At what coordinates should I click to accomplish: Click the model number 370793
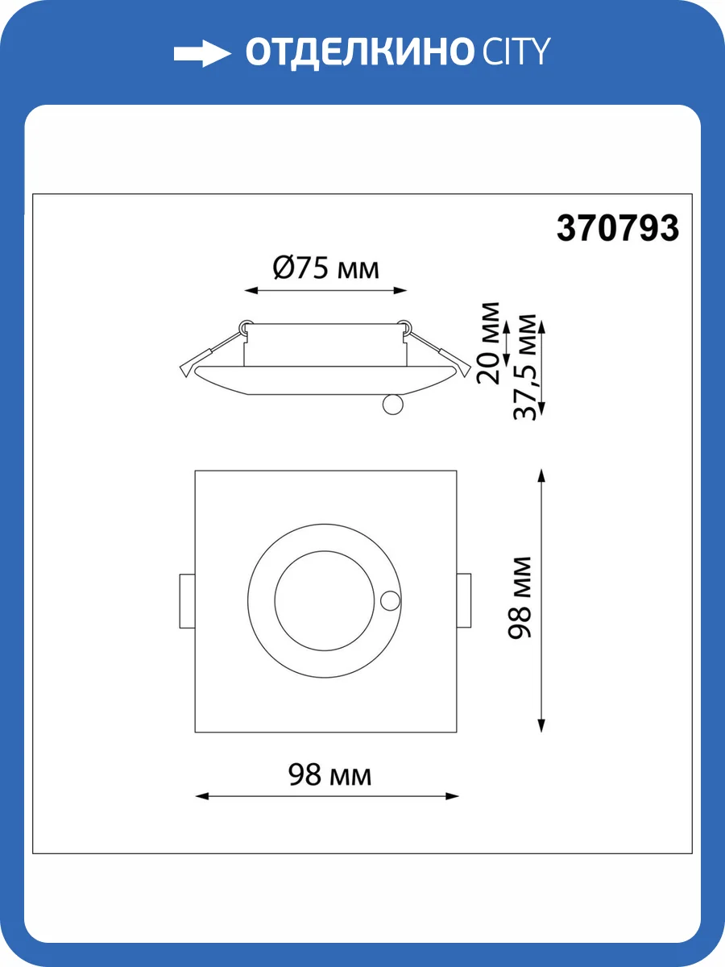coord(618,229)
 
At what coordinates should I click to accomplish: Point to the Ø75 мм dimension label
coord(325,267)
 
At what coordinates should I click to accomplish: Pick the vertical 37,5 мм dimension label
coord(525,367)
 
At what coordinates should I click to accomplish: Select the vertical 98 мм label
coord(521,596)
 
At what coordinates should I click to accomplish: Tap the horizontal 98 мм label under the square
coord(329,775)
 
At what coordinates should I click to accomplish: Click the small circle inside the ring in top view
coord(391,600)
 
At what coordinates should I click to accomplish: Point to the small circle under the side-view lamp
coord(393,405)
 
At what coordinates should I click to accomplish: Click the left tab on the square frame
coord(186,600)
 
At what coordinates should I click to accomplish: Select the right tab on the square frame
coord(465,600)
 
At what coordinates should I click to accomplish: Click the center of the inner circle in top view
coord(325,600)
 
